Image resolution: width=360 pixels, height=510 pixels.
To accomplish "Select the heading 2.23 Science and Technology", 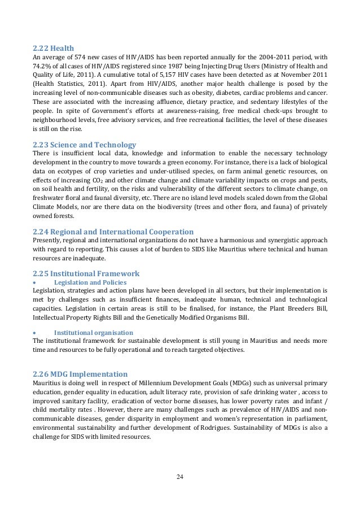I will point(84,145).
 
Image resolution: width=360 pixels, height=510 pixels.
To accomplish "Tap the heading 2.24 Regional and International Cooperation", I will point(113,232).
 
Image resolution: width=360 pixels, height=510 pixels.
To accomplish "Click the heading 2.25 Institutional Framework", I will point(86,273).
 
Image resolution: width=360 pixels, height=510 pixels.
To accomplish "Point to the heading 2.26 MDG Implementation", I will point(80,374).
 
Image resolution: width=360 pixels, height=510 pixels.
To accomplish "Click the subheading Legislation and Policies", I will point(90,282).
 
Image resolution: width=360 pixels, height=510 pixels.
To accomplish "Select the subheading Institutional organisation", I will point(93,333).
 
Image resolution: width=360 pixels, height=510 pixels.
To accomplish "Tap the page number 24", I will point(180,477).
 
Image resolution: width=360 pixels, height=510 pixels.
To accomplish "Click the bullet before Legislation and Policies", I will point(35,282).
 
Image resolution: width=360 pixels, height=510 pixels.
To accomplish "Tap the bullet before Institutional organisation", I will point(35,333).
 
